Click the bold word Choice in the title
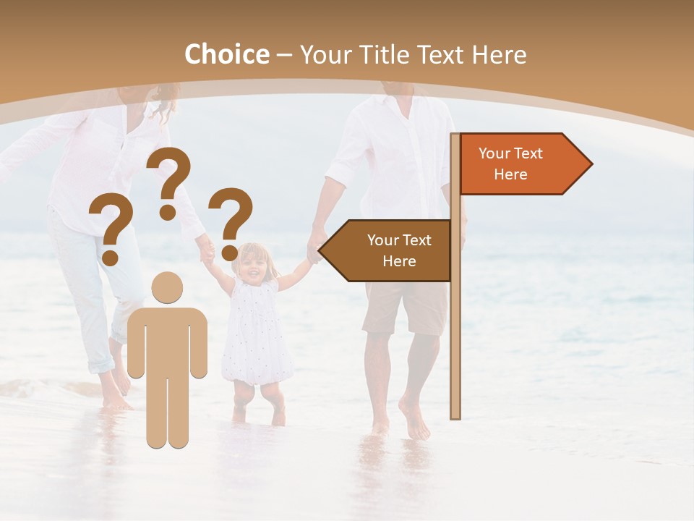(x=226, y=54)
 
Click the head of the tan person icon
(x=167, y=287)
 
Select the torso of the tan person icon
(x=167, y=340)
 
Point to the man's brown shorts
(x=405, y=308)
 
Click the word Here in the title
(x=499, y=55)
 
